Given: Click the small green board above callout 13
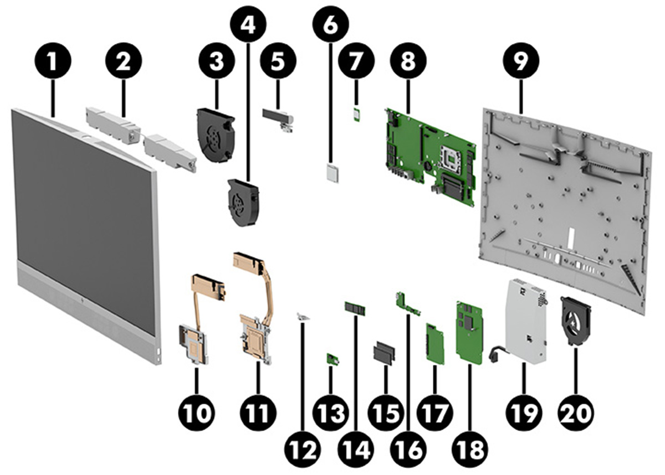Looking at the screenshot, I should click(332, 360).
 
